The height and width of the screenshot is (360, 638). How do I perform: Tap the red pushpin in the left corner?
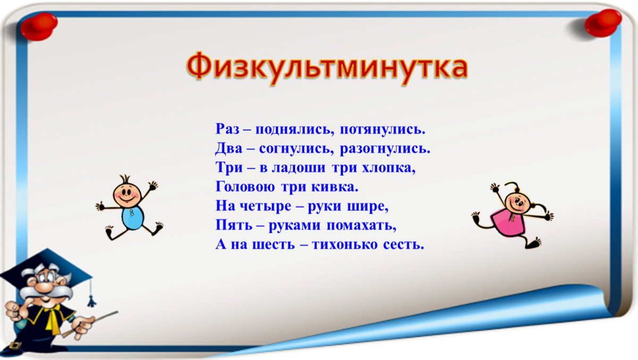coord(39,26)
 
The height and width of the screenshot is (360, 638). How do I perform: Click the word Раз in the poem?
coord(227,129)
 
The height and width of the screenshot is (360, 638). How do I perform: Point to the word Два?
coord(228,148)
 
